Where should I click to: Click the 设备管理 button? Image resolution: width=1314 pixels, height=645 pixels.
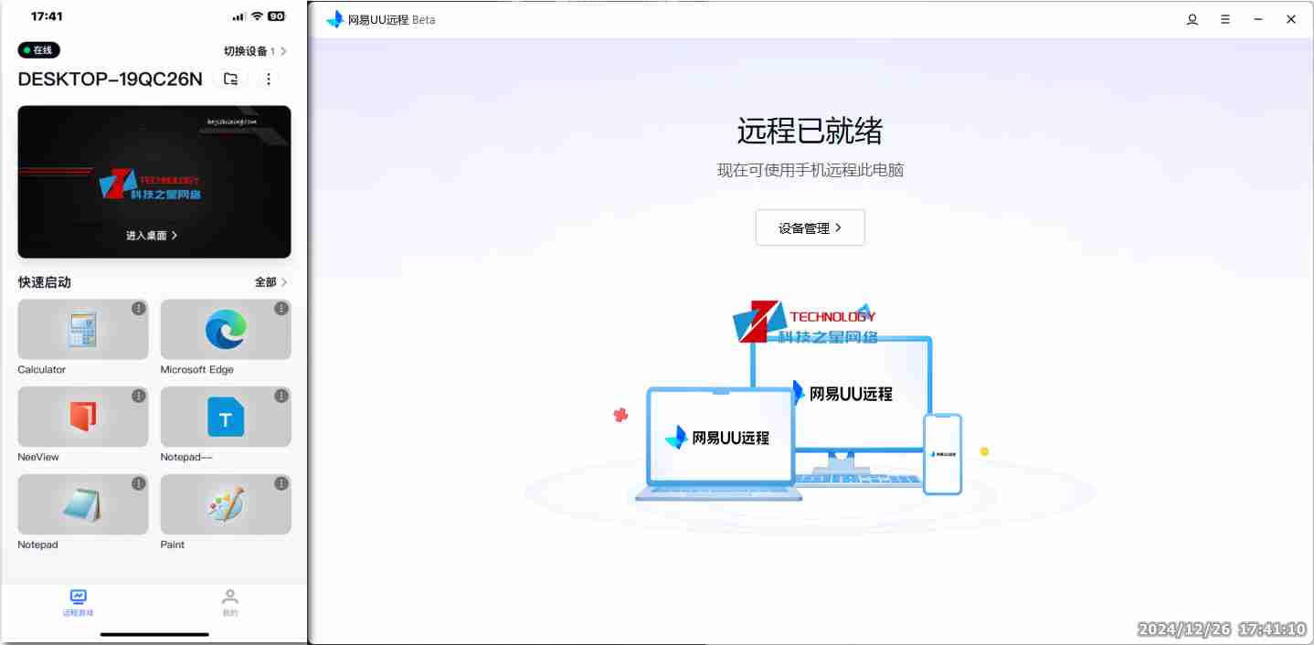tap(810, 228)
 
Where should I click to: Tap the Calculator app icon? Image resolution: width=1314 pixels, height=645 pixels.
tap(82, 330)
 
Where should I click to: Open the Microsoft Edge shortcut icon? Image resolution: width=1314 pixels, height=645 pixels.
tap(226, 330)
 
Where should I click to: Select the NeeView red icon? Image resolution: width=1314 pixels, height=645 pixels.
tap(82, 418)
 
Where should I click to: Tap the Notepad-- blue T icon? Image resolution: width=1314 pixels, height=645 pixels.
tap(226, 418)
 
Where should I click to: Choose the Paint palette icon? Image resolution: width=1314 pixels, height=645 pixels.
tap(226, 504)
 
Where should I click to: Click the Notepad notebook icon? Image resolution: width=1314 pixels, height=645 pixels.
tap(82, 504)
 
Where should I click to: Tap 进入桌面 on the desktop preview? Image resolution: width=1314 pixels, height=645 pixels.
tap(152, 236)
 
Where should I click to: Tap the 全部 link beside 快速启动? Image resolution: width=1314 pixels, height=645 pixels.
tap(270, 282)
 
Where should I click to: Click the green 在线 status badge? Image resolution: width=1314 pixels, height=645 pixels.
tap(38, 50)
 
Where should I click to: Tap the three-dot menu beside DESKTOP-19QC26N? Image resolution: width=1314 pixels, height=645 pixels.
tap(269, 79)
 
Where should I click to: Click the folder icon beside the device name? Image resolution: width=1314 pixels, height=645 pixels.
tap(231, 79)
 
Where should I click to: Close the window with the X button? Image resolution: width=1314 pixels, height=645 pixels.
tap(1291, 19)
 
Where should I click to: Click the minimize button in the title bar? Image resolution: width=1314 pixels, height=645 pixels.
tap(1258, 19)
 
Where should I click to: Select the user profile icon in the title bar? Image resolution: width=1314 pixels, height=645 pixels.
tap(1192, 19)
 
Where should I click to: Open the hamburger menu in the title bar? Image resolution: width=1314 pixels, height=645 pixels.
tap(1225, 19)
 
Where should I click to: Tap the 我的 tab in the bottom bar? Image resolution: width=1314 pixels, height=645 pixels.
tap(230, 602)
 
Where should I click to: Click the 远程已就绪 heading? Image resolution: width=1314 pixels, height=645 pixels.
tap(810, 132)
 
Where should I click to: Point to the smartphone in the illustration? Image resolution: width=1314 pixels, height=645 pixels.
tap(942, 454)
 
